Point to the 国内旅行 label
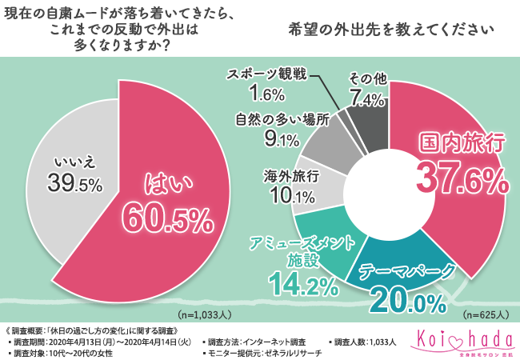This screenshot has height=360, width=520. tap(462, 146)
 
